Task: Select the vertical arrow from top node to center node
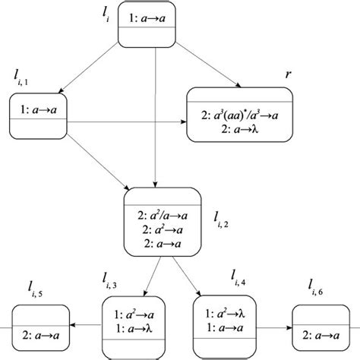click(155, 122)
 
